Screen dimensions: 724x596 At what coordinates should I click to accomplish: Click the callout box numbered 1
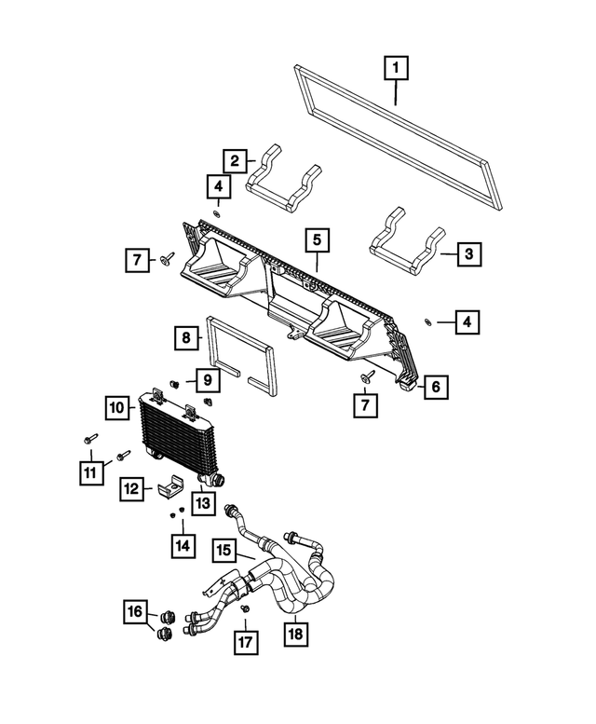pos(397,68)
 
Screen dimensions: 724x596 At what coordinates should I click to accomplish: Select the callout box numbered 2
pos(235,160)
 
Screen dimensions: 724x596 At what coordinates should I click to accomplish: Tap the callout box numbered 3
pos(468,253)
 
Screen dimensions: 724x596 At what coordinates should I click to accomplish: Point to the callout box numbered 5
pos(317,240)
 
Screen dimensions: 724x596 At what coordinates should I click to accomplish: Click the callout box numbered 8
pos(186,337)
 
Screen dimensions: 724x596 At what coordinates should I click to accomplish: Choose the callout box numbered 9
pos(207,379)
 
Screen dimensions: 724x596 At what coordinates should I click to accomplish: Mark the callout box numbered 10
pos(116,408)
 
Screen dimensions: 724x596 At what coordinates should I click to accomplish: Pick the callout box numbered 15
pos(224,552)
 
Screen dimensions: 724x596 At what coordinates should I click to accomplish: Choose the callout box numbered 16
pos(136,612)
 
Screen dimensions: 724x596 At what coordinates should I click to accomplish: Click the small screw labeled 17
pos(245,608)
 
